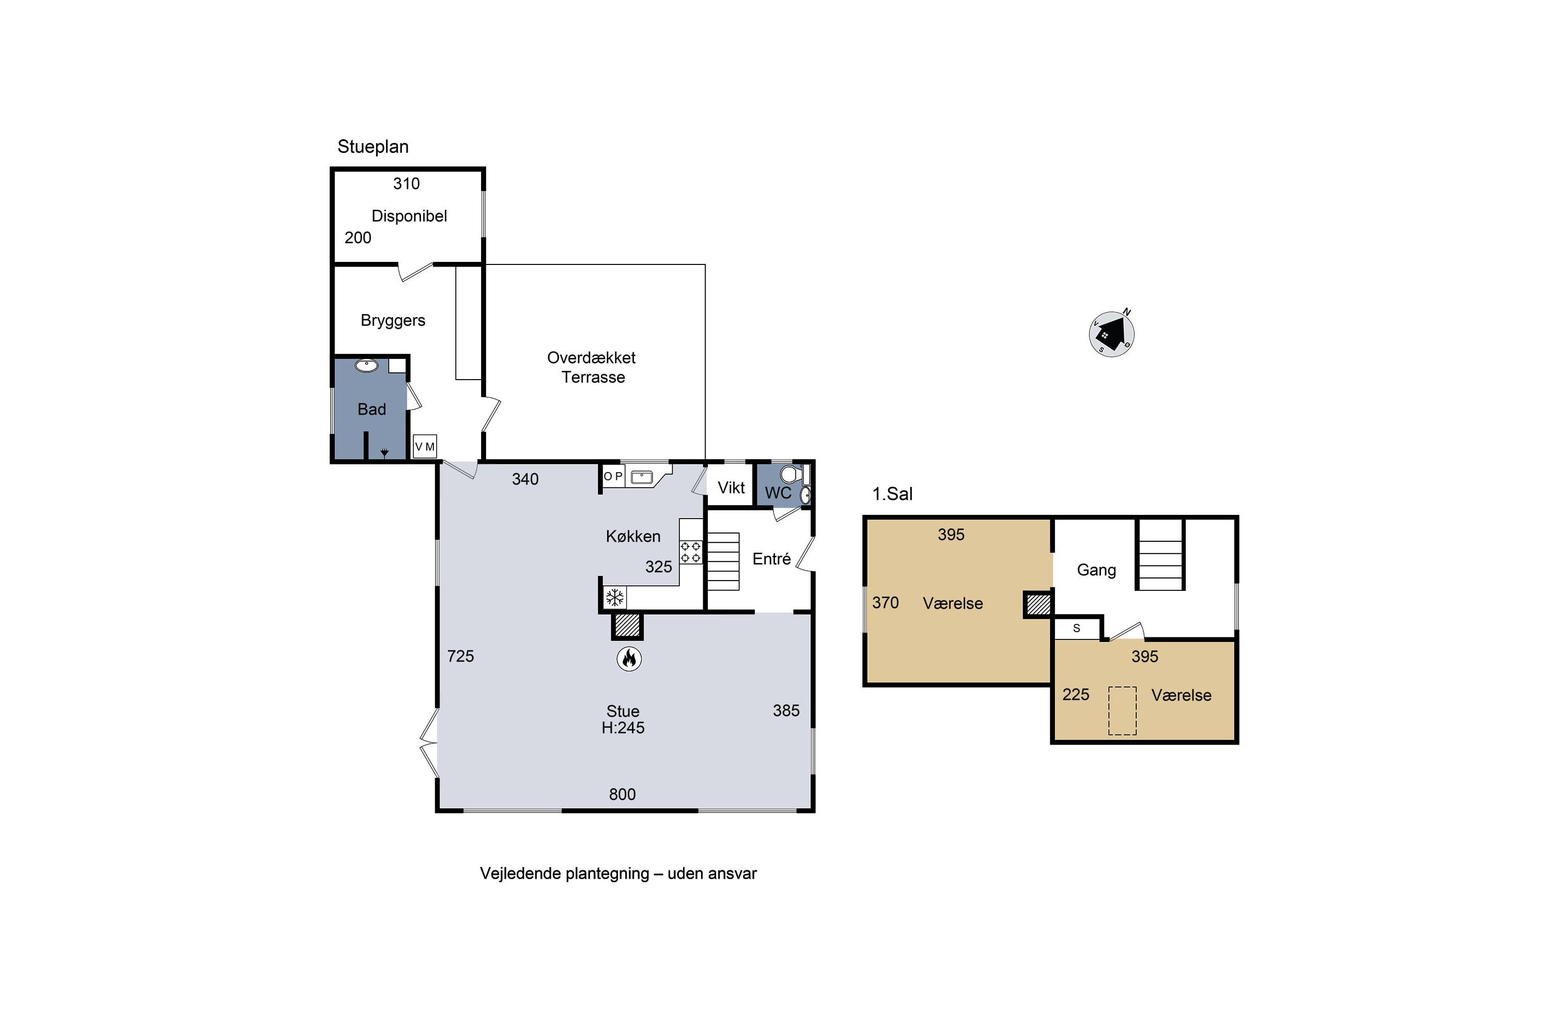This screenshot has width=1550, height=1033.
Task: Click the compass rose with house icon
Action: [1111, 334]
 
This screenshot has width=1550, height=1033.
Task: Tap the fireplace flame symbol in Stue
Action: [629, 658]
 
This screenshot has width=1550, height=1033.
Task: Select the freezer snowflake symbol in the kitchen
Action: [615, 598]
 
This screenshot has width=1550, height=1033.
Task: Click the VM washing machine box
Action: [424, 447]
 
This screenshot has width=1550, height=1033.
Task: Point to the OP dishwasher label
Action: [613, 476]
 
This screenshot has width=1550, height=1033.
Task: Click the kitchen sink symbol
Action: [642, 476]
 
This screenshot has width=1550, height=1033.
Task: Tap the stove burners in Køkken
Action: [691, 552]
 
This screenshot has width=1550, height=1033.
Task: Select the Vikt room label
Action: [731, 488]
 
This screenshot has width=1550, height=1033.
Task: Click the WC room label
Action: [778, 493]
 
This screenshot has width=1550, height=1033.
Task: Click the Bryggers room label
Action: [393, 321]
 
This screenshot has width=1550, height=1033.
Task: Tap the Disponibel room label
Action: [409, 216]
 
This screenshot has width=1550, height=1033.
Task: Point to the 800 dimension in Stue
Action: [622, 794]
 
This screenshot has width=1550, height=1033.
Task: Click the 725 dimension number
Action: [461, 656]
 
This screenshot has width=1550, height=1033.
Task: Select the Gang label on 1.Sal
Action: [1096, 570]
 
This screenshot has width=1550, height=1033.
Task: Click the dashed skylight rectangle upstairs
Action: [1122, 711]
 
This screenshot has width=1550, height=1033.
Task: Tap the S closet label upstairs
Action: [1077, 629]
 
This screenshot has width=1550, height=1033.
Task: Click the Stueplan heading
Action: [373, 147]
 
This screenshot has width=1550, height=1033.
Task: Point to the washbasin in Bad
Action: [366, 365]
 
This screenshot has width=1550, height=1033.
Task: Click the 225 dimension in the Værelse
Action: [1076, 694]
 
